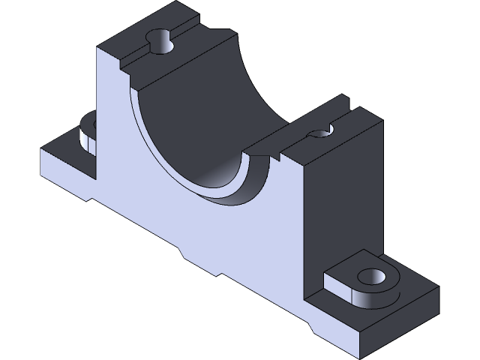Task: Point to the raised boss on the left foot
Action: (88, 133)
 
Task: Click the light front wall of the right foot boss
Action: (352, 297)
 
